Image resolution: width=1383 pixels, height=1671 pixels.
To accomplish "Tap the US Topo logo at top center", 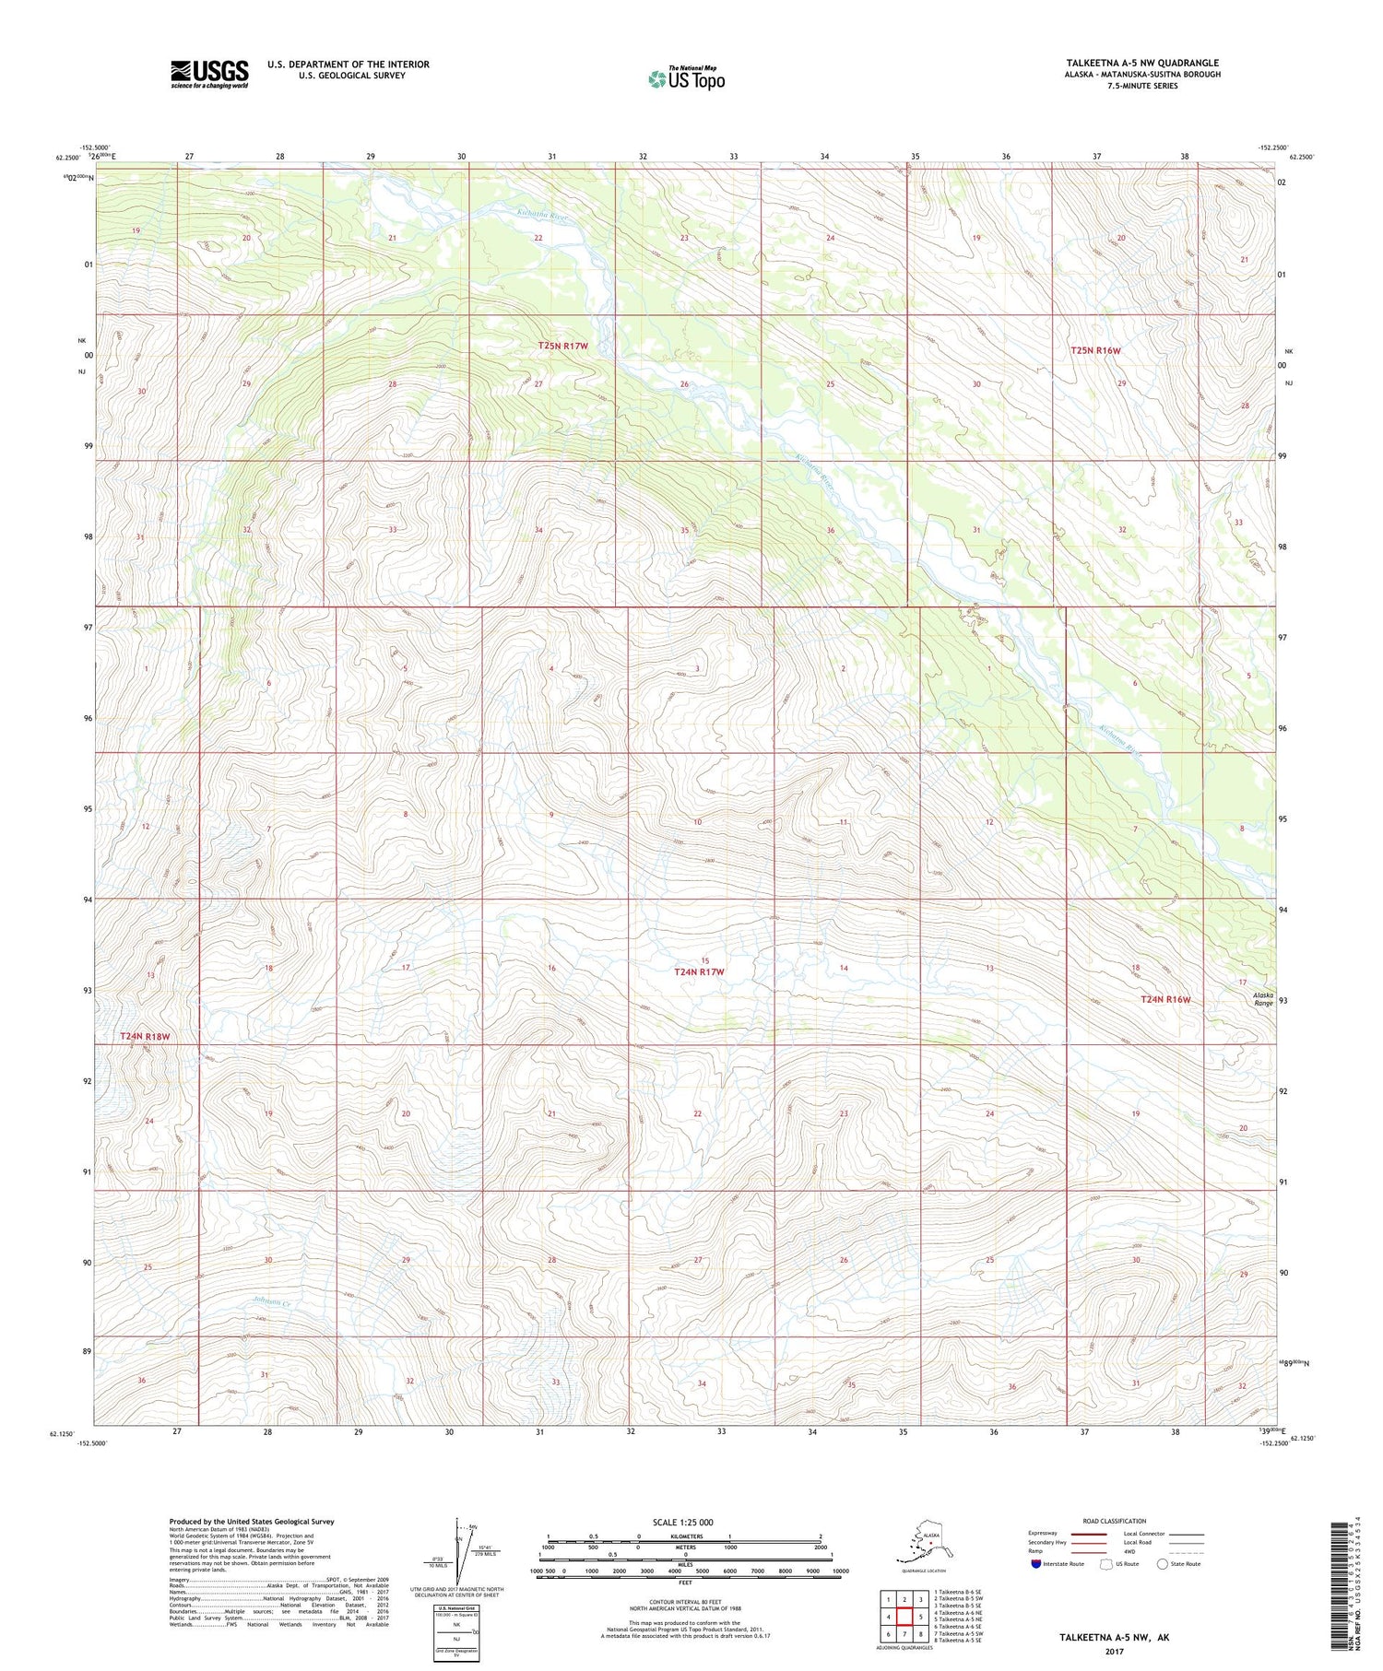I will [x=686, y=78].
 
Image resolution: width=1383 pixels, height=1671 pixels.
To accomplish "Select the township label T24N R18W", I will [x=146, y=1037].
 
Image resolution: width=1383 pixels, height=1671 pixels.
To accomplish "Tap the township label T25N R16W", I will [x=1096, y=351].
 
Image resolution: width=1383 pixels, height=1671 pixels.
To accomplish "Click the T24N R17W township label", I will [x=699, y=972].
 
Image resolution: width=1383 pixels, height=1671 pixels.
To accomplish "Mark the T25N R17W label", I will [x=563, y=346].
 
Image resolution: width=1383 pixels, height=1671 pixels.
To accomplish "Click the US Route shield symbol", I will [x=1105, y=1564].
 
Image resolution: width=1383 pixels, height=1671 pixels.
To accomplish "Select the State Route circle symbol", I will [x=1163, y=1564].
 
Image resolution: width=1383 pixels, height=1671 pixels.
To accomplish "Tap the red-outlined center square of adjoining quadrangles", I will [x=904, y=1617].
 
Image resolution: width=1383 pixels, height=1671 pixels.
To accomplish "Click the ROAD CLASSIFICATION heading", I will [x=1114, y=1522].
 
